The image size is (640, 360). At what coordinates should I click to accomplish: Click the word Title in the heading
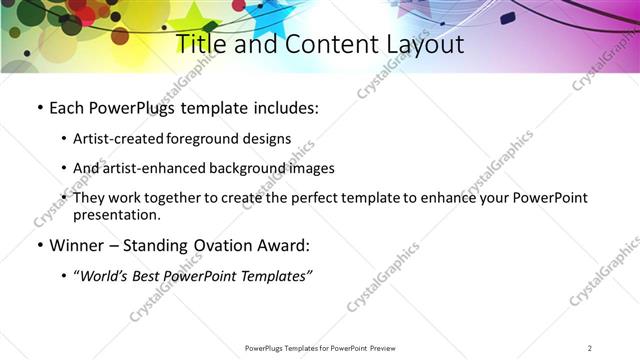pyautogui.click(x=200, y=44)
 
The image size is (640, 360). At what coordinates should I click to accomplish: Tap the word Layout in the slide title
pyautogui.click(x=420, y=44)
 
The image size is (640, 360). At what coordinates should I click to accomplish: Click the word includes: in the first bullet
pyautogui.click(x=283, y=108)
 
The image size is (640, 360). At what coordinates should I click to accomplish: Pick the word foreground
pyautogui.click(x=203, y=139)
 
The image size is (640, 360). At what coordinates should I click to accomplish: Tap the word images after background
pyautogui.click(x=310, y=168)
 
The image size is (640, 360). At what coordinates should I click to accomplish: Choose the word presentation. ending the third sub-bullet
pyautogui.click(x=117, y=214)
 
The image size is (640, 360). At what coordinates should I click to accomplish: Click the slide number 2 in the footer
pyautogui.click(x=590, y=348)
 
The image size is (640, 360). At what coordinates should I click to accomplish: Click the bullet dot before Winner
pyautogui.click(x=38, y=246)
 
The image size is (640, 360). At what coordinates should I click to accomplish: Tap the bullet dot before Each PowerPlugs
pyautogui.click(x=38, y=108)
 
